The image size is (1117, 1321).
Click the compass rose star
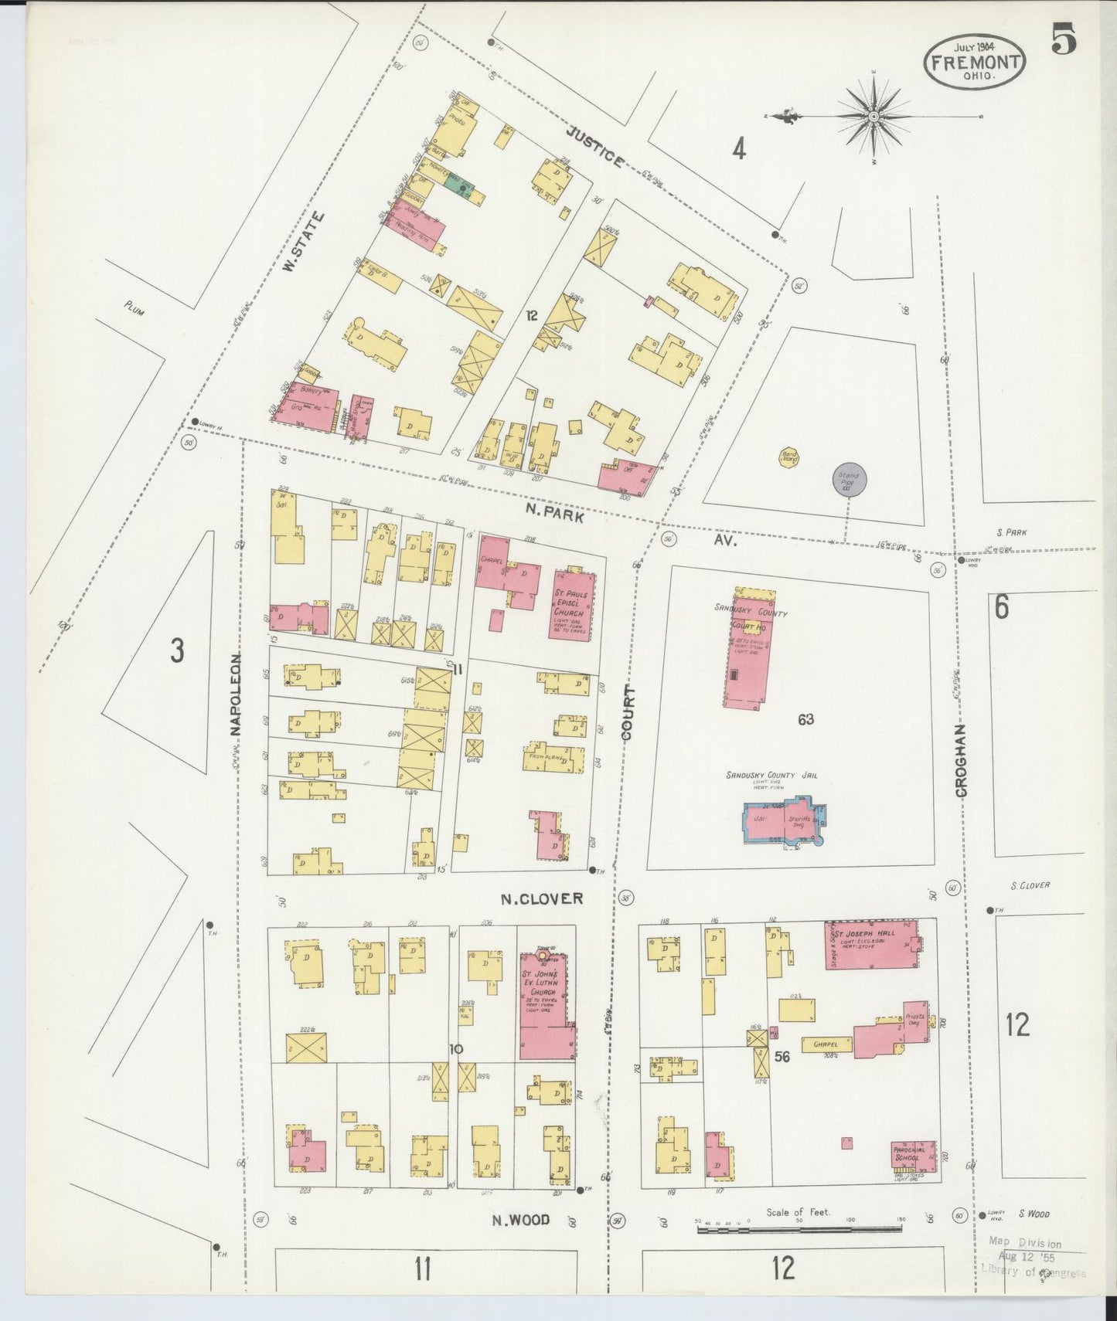click(x=874, y=117)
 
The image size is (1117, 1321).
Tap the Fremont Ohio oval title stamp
click(x=974, y=62)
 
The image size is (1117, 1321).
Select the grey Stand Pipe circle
click(x=849, y=480)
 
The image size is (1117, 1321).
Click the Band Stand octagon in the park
click(x=789, y=457)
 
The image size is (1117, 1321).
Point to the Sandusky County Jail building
click(x=784, y=823)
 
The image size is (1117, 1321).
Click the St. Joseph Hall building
click(x=872, y=944)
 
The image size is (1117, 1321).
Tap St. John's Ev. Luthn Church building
click(x=547, y=1004)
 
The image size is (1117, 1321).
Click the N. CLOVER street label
click(x=541, y=898)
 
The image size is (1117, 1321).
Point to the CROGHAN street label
click(x=961, y=760)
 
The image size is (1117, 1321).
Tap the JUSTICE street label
click(x=594, y=147)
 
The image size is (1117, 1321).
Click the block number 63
click(x=805, y=719)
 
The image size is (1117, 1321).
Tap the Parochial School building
click(x=914, y=1158)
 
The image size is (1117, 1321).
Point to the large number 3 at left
click(x=177, y=650)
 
